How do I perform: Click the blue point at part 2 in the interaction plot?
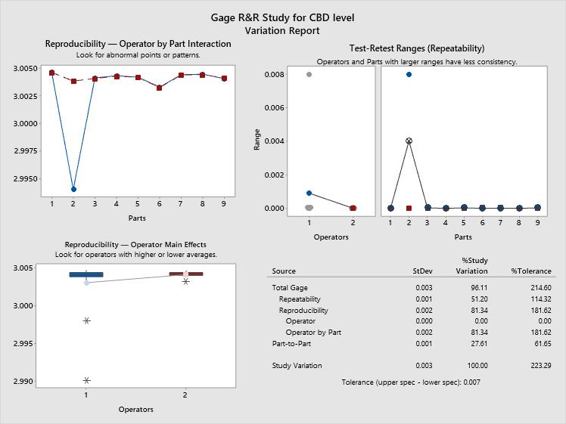tap(73, 189)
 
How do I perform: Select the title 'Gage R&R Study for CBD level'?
tap(282, 17)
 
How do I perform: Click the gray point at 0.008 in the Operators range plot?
tap(309, 75)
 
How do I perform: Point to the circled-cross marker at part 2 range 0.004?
tap(409, 141)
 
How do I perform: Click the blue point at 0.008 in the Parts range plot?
tap(409, 74)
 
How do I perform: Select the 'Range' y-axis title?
tap(257, 141)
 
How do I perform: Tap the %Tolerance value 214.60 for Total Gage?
tap(536, 288)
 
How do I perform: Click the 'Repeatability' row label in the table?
tap(303, 299)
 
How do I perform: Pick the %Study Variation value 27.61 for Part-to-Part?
tap(477, 344)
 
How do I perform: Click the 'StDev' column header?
tap(422, 271)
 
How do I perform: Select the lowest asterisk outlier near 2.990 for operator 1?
tap(86, 380)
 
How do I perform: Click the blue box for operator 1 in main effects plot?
tap(86, 274)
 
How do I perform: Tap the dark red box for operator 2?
tap(185, 274)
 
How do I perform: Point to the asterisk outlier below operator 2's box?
tap(185, 282)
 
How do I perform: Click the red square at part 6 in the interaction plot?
tap(159, 88)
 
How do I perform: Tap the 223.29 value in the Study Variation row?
tap(536, 366)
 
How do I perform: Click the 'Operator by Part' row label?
tap(313, 333)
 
